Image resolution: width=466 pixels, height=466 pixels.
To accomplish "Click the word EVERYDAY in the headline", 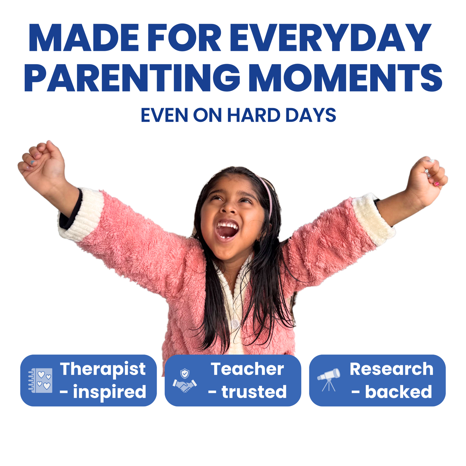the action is tap(331, 38).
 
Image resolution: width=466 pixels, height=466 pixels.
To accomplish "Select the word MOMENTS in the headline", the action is tap(345, 78).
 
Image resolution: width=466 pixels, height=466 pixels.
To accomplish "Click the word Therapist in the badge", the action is tap(103, 369).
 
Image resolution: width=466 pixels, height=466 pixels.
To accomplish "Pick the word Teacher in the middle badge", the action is tap(247, 369).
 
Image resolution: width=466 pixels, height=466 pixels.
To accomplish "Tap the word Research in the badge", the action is tap(391, 369).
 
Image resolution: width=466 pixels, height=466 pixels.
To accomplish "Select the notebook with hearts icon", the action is tap(40, 380).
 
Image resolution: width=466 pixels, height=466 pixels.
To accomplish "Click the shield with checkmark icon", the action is tap(185, 373).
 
